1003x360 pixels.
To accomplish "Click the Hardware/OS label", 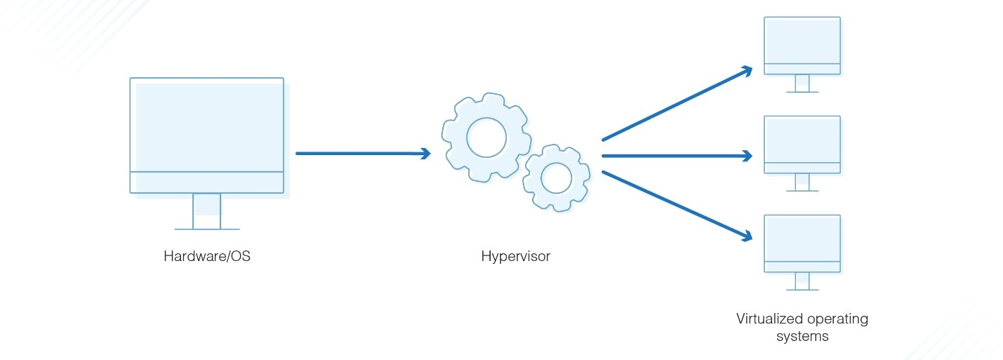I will click(x=207, y=256).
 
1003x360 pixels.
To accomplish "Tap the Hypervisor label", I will click(x=515, y=256).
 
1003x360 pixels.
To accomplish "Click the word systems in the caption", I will click(x=802, y=336).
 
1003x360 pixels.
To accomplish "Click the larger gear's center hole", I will click(x=486, y=138).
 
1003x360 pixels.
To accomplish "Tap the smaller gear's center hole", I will click(x=557, y=178).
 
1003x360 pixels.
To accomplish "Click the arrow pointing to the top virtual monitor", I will click(x=674, y=104).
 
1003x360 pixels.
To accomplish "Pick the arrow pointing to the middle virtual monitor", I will click(x=674, y=156).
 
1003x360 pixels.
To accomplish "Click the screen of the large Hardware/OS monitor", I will click(x=207, y=124).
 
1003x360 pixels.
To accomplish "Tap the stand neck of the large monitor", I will click(x=207, y=211).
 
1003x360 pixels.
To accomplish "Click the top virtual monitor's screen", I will click(x=802, y=41).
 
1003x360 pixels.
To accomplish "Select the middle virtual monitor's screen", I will click(x=802, y=140).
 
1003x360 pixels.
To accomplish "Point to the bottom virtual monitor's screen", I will click(x=802, y=239).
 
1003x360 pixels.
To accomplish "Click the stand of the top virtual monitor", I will click(x=802, y=84).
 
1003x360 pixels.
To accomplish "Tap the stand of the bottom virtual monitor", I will click(x=802, y=281).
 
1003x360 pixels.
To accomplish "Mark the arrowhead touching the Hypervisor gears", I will click(x=425, y=153).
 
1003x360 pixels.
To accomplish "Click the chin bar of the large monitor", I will click(x=207, y=182).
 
